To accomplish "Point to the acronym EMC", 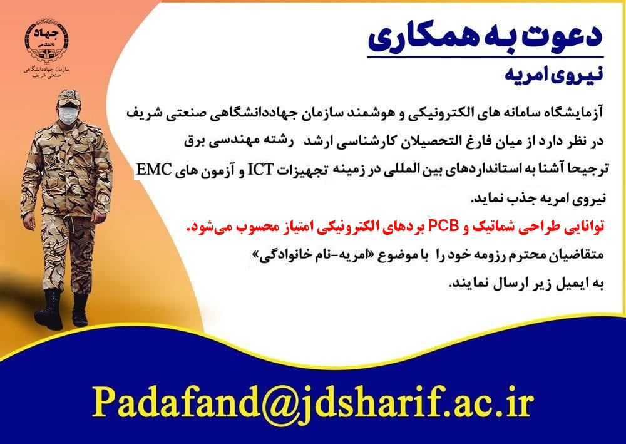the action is [x=154, y=169].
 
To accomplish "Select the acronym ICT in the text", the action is [x=260, y=170].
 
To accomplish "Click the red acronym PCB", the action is [x=444, y=226].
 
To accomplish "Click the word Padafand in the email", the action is [x=173, y=400].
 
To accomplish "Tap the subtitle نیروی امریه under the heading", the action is [x=553, y=75].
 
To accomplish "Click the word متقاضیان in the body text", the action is [x=578, y=255].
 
